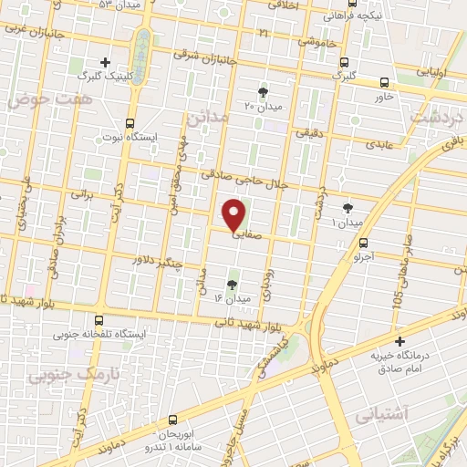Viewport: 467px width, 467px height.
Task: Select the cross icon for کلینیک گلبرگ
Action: (x=107, y=63)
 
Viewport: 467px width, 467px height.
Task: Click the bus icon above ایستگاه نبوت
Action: (x=130, y=122)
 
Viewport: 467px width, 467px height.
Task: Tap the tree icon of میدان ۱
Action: (x=347, y=208)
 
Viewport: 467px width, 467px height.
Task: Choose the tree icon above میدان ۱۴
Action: (x=231, y=285)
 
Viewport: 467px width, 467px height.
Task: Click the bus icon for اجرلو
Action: (x=364, y=243)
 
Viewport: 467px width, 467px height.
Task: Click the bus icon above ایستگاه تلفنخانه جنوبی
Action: (x=99, y=320)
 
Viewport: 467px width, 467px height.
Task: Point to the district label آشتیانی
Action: (x=420, y=413)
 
